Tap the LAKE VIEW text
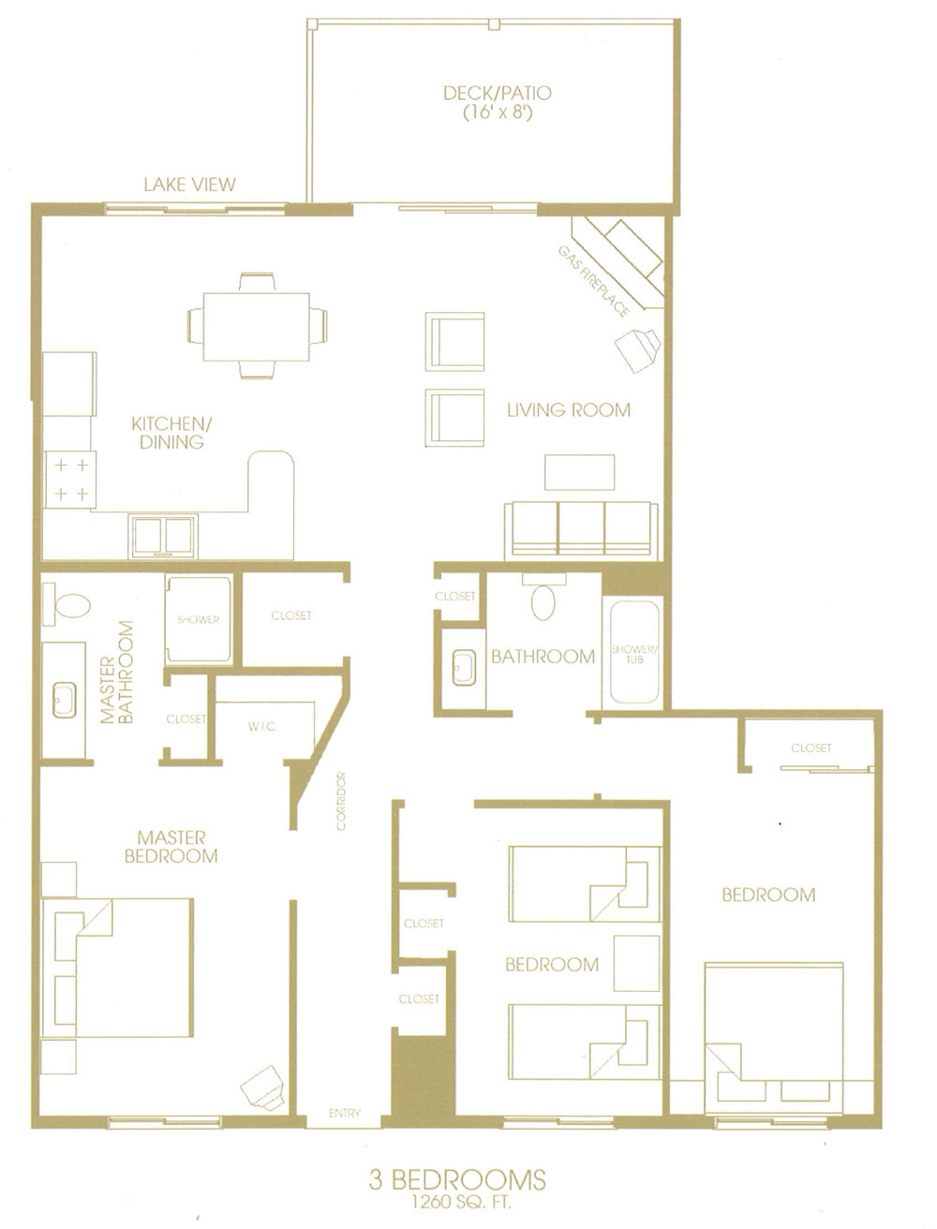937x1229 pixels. pyautogui.click(x=189, y=185)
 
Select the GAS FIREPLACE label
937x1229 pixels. pyautogui.click(x=593, y=282)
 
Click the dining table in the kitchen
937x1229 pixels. pyautogui.click(x=256, y=326)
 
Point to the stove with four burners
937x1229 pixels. pyautogui.click(x=70, y=479)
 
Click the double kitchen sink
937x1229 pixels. pyautogui.click(x=163, y=537)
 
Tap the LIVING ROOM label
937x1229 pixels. pyautogui.click(x=568, y=409)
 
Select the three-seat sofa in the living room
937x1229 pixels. pyautogui.click(x=580, y=530)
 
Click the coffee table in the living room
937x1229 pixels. pyautogui.click(x=580, y=471)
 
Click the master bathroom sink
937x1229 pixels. pyautogui.click(x=65, y=699)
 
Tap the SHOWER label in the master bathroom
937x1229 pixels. pyautogui.click(x=198, y=619)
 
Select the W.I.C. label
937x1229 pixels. pyautogui.click(x=263, y=727)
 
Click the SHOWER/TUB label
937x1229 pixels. pyautogui.click(x=635, y=654)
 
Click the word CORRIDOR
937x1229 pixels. pyautogui.click(x=341, y=801)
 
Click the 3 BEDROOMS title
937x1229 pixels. pyautogui.click(x=457, y=1178)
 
